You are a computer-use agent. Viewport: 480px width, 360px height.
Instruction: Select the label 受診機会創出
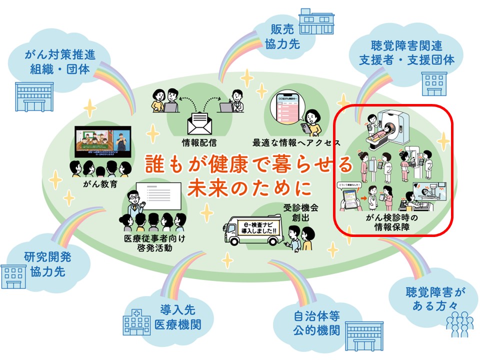pos(296,212)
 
